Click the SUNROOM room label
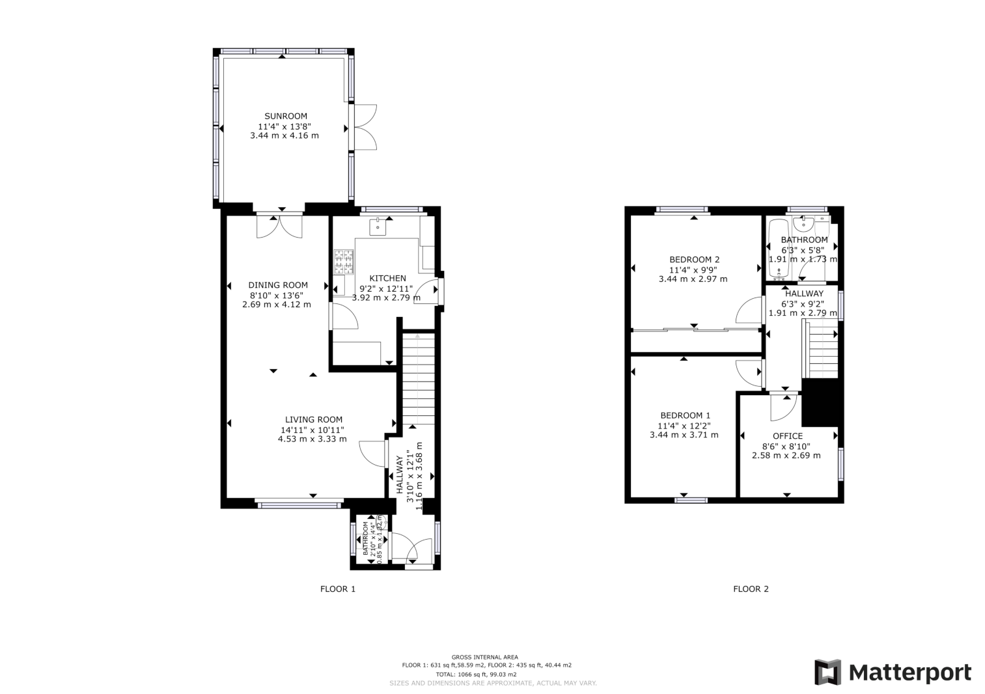pyautogui.click(x=285, y=117)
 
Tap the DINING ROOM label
pyautogui.click(x=278, y=285)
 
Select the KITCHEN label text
pyautogui.click(x=387, y=279)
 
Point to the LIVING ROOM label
pyautogui.click(x=313, y=420)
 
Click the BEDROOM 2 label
pyautogui.click(x=694, y=260)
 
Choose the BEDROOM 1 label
pyautogui.click(x=685, y=415)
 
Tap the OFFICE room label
pyautogui.click(x=787, y=436)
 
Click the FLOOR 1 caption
pyautogui.click(x=338, y=589)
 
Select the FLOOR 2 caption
pyautogui.click(x=751, y=589)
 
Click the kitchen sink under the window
pyautogui.click(x=378, y=227)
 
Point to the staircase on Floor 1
pyautogui.click(x=418, y=378)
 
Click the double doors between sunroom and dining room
pyautogui.click(x=280, y=225)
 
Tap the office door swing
pyautogui.click(x=781, y=408)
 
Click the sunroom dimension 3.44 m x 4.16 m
pyautogui.click(x=284, y=136)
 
